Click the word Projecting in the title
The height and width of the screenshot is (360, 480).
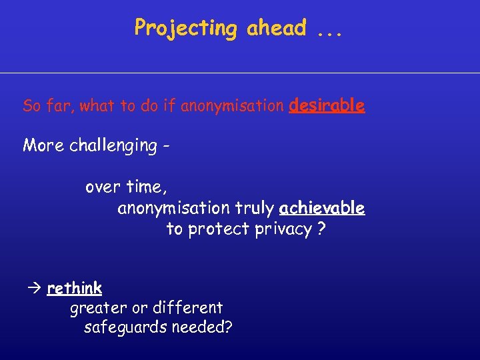pos(185,29)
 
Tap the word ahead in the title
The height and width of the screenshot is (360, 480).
pos(277,29)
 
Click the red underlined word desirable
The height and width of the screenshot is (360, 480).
pos(327,105)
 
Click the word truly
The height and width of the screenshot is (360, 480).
pos(253,209)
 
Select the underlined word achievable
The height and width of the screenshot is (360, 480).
pos(322,209)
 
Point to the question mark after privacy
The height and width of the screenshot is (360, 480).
pos(322,229)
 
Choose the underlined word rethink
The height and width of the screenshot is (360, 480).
pos(75,288)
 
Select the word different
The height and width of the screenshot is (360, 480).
pos(187,308)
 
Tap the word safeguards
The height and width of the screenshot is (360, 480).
pos(125,328)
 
